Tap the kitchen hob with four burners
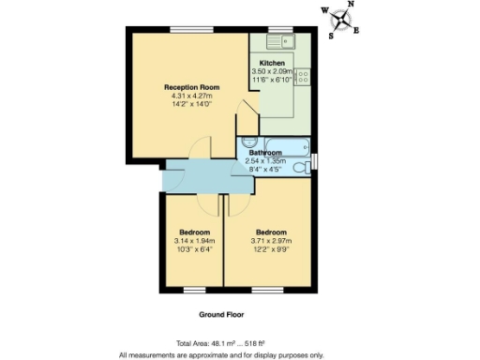pos(305,77)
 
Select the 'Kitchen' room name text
pos(272,62)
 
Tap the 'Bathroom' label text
pos(265,152)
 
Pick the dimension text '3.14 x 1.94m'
pos(194,240)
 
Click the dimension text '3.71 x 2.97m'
pos(270,240)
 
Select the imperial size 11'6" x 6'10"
pos(272,79)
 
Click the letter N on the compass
pos(351,5)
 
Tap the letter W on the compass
pos(324,12)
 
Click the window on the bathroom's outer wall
pos(315,159)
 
